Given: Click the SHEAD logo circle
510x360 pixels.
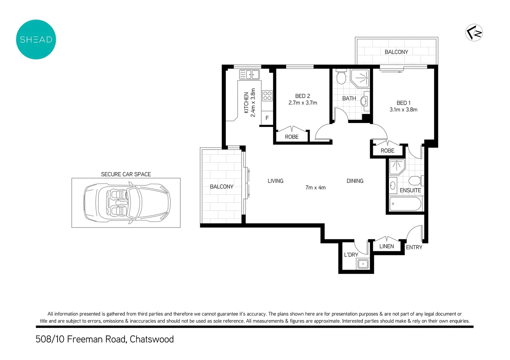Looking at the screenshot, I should pyautogui.click(x=36, y=39).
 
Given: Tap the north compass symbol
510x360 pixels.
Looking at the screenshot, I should pyautogui.click(x=474, y=33).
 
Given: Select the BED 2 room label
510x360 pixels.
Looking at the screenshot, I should pyautogui.click(x=303, y=96).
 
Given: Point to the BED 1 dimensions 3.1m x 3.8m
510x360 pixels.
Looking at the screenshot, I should pyautogui.click(x=403, y=110).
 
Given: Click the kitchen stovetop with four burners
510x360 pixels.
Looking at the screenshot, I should pyautogui.click(x=267, y=96).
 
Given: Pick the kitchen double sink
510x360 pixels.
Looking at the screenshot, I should pyautogui.click(x=249, y=74).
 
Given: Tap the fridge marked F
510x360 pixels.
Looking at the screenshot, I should pyautogui.click(x=267, y=118).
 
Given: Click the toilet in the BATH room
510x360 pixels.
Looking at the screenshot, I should pyautogui.click(x=341, y=77).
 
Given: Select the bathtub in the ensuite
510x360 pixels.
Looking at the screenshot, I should pyautogui.click(x=405, y=204).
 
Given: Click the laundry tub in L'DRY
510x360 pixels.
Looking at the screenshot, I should pyautogui.click(x=363, y=264).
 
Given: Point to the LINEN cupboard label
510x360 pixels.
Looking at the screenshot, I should pyautogui.click(x=387, y=246).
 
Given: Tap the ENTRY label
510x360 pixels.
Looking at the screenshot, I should pyautogui.click(x=414, y=247).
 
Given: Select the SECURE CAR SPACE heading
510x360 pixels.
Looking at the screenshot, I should pyautogui.click(x=126, y=174).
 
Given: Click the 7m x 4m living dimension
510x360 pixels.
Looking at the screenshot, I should pyautogui.click(x=316, y=188).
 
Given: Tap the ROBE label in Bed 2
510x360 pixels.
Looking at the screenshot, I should pyautogui.click(x=292, y=137).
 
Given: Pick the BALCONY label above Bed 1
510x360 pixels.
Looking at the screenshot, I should pyautogui.click(x=396, y=52).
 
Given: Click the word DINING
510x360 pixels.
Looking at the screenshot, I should pyautogui.click(x=355, y=181).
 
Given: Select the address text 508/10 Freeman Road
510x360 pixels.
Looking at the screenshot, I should pyautogui.click(x=81, y=339).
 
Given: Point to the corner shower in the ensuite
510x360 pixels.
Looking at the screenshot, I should pyautogui.click(x=397, y=166).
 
